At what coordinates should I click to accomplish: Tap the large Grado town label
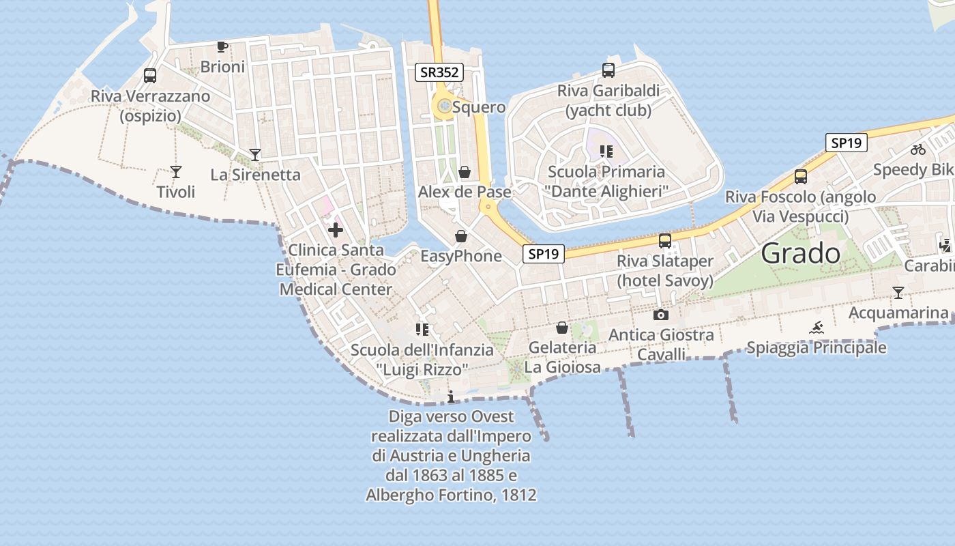tap(801, 254)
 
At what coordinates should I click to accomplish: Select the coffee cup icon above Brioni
tap(222, 46)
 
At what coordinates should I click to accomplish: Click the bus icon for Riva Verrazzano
tap(150, 76)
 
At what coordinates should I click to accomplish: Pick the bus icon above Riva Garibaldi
tap(608, 70)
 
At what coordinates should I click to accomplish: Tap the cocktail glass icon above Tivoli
tap(176, 172)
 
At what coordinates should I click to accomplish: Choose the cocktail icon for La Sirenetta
tap(255, 155)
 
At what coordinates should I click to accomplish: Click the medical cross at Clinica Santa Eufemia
tap(336, 229)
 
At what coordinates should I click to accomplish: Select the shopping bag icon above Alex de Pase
tap(465, 172)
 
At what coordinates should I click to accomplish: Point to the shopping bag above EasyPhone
tap(461, 237)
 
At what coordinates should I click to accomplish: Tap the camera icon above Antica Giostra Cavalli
tap(661, 315)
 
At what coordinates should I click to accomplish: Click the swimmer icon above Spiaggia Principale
tap(817, 328)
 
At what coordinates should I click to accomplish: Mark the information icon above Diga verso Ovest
tap(450, 397)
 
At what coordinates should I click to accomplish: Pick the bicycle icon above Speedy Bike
tap(918, 149)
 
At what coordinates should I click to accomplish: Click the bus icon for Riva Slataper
tap(665, 240)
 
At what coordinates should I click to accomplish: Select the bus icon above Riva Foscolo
tap(801, 177)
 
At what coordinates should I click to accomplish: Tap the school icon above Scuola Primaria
tap(606, 152)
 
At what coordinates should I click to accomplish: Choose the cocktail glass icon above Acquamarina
tap(898, 293)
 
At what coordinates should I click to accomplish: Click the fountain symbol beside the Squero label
tap(445, 106)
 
